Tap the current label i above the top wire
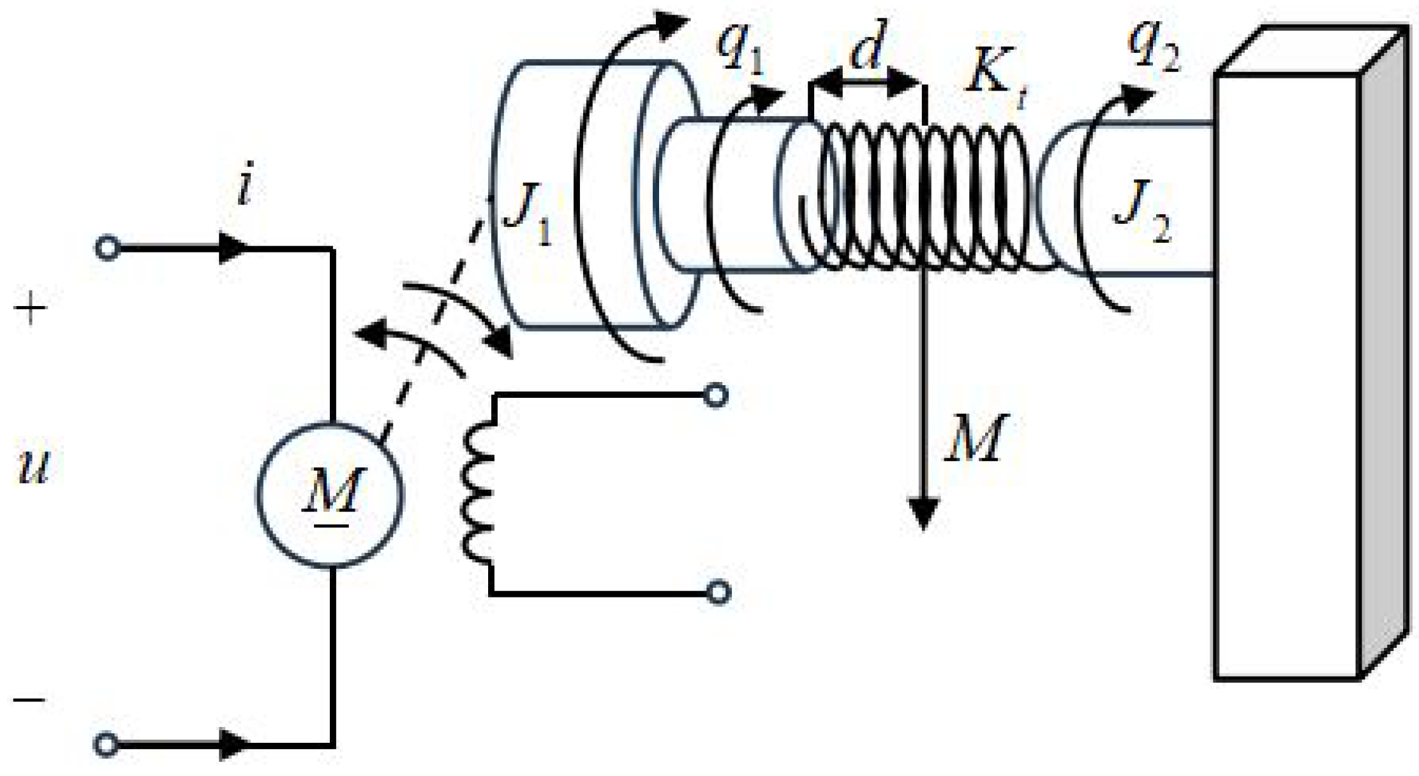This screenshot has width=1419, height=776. click(244, 185)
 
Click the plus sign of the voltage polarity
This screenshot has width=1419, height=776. click(30, 310)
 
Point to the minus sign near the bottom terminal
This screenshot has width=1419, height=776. click(29, 700)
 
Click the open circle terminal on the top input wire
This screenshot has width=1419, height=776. click(107, 248)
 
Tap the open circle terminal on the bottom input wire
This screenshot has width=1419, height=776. click(106, 744)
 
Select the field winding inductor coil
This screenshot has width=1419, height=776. click(479, 494)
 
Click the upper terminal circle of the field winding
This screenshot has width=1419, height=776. click(715, 396)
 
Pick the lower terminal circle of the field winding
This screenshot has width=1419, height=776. click(718, 592)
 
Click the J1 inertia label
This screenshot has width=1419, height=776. click(527, 214)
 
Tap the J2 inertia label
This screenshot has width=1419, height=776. click(1143, 210)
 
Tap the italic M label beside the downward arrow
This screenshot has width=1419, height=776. click(974, 438)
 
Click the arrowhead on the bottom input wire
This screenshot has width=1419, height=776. click(233, 744)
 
